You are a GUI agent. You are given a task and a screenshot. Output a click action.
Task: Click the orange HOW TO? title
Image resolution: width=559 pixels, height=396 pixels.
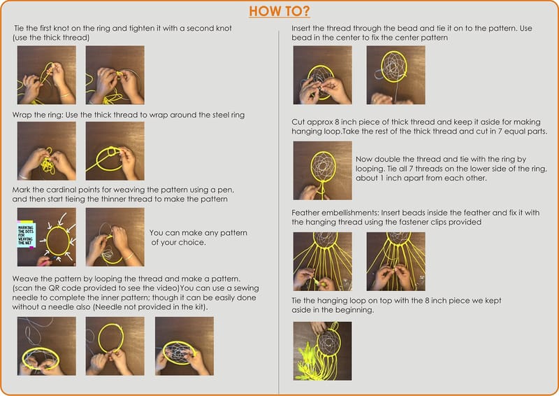[279, 11]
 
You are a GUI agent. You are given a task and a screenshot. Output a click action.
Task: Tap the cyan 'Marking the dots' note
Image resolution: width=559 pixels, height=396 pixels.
[27, 234]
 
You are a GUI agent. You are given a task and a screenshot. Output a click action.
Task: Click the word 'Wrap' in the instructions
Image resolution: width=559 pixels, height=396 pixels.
[21, 115]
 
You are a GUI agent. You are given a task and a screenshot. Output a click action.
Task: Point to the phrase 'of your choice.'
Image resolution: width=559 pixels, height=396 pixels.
[178, 243]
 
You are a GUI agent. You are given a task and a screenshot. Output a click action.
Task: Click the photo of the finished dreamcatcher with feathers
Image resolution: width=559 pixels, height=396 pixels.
[322, 351]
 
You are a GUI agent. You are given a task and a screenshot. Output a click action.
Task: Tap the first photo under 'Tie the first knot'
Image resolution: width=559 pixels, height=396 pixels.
[47, 75]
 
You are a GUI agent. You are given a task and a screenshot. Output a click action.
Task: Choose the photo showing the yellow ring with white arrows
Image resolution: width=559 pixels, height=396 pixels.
[47, 237]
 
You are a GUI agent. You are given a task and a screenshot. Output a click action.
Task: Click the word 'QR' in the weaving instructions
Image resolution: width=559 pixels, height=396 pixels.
[54, 288]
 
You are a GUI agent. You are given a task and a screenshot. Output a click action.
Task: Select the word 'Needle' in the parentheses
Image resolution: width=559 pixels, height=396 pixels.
[107, 307]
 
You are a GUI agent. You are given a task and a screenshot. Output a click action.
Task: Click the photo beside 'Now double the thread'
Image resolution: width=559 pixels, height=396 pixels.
[322, 170]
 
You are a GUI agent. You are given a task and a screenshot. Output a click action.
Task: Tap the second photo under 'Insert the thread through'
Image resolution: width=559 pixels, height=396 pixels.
[395, 75]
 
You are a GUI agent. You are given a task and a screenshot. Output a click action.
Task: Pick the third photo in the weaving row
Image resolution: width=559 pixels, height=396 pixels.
[184, 346]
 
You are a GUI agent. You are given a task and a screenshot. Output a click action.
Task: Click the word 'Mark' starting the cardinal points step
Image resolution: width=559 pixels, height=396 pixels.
[21, 190]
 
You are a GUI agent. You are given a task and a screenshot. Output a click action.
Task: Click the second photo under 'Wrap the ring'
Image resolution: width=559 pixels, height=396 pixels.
[115, 150]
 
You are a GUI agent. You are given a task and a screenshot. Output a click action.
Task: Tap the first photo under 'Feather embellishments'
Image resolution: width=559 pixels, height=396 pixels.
[322, 262]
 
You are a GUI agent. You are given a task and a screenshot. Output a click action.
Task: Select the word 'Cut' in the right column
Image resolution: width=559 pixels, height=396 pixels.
[298, 122]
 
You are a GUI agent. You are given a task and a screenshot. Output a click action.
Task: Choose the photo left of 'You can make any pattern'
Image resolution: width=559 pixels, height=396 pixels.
[115, 237]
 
